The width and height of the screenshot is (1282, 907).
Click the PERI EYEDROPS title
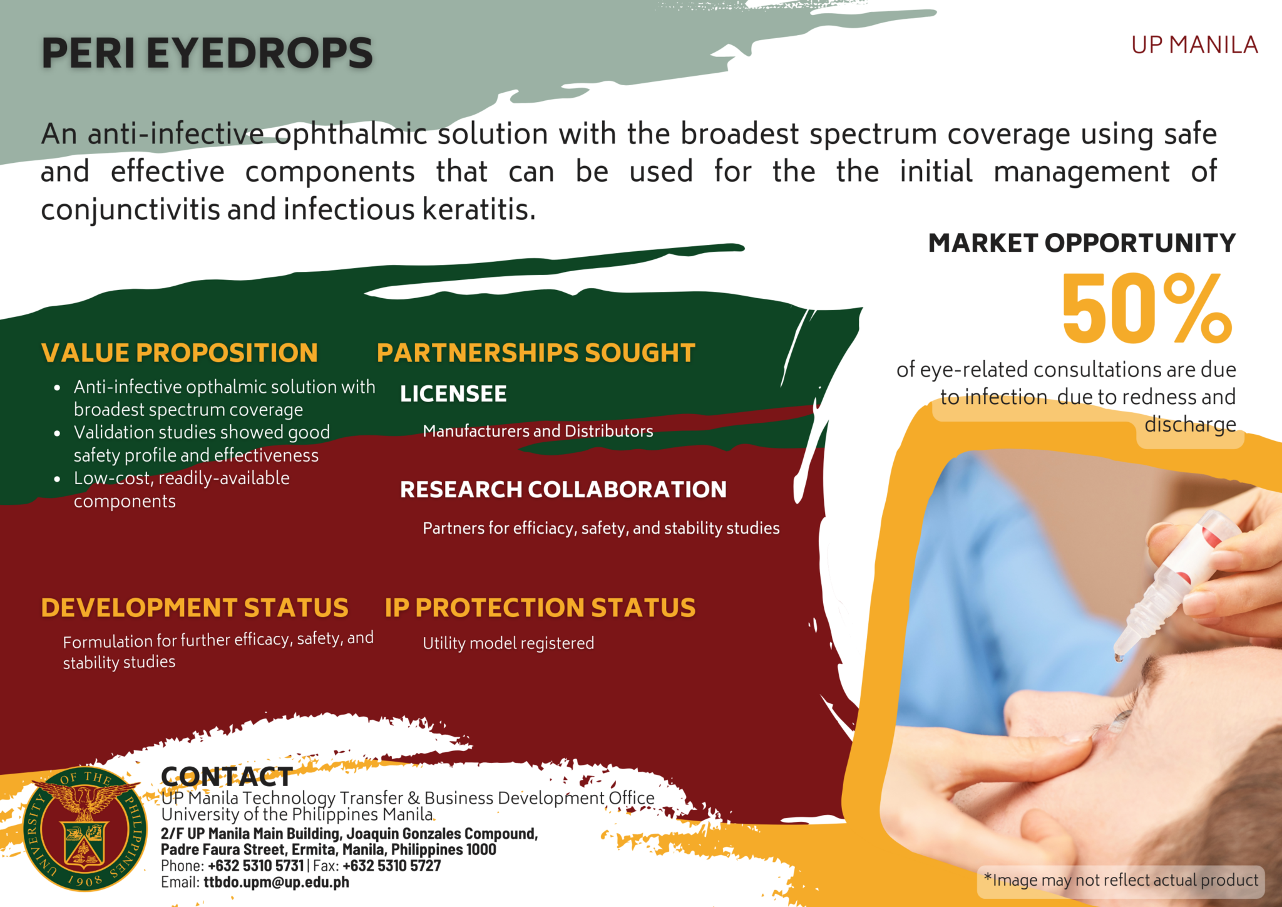click(207, 53)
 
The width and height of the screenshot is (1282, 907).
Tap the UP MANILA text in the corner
click(1194, 45)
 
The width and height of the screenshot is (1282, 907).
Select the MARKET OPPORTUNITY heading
click(1082, 243)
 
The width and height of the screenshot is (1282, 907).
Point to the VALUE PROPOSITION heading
click(180, 353)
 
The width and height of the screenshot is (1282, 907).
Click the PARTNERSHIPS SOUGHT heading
click(536, 353)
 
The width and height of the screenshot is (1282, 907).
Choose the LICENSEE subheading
click(453, 394)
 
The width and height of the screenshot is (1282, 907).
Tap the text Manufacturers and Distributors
click(538, 431)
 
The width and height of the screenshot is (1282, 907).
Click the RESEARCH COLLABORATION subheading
click(563, 489)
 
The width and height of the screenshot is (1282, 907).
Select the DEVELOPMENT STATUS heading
click(195, 608)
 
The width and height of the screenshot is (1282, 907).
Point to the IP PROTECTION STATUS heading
click(540, 608)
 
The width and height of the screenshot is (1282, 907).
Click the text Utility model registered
click(508, 643)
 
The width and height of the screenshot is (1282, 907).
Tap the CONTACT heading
click(227, 777)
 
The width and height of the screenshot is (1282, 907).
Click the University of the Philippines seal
click(85, 829)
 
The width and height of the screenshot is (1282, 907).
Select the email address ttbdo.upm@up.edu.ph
click(276, 882)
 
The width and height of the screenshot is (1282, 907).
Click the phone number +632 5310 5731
click(255, 866)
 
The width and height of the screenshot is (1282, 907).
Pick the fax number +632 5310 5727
click(392, 866)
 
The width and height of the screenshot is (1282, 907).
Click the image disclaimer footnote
click(1120, 880)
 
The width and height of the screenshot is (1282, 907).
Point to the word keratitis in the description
click(479, 209)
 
